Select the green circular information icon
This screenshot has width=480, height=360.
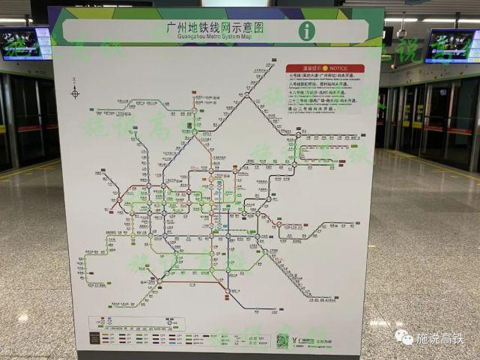pos(307,31)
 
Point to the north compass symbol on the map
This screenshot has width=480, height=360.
pos(75,92)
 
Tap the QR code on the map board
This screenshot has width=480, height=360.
pos(282,341)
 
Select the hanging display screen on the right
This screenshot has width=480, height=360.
pos(452,46)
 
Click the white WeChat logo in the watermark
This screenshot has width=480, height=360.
pos(404,338)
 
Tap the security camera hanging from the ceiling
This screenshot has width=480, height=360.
pos(402,32)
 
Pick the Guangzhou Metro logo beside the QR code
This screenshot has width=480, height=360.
pos(301,341)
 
